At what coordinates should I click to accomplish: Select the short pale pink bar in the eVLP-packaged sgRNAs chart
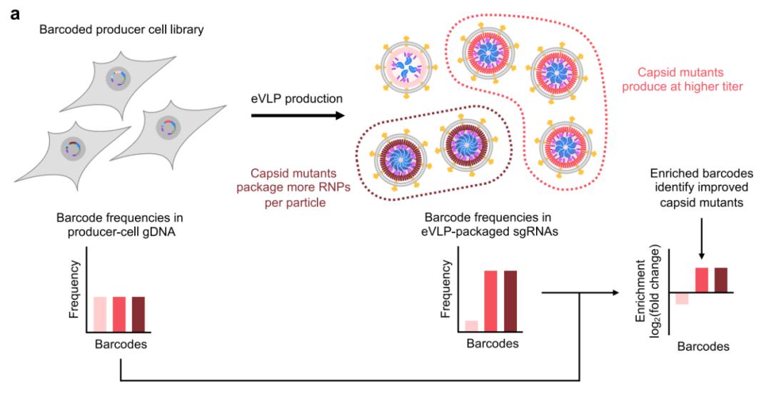(x=471, y=325)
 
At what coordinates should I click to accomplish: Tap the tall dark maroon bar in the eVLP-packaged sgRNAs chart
(x=510, y=300)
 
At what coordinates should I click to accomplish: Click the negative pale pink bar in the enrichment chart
(x=682, y=298)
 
